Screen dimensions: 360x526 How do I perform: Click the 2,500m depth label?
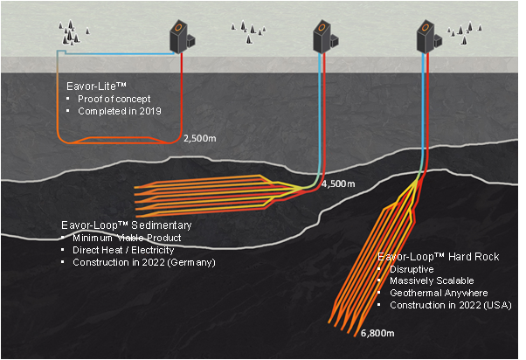click(199, 138)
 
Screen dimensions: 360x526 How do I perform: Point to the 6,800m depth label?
click(376, 334)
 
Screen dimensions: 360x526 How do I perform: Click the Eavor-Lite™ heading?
click(93, 87)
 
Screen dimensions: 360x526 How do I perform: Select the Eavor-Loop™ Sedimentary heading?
click(121, 225)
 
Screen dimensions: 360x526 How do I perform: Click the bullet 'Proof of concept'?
click(114, 99)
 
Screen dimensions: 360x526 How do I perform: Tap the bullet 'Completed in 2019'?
click(119, 112)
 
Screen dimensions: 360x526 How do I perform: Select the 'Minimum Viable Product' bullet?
click(128, 238)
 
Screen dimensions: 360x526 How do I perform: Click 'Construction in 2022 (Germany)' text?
click(144, 263)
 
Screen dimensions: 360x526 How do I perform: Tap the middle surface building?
click(324, 37)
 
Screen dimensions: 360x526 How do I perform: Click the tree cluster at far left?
click(73, 32)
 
